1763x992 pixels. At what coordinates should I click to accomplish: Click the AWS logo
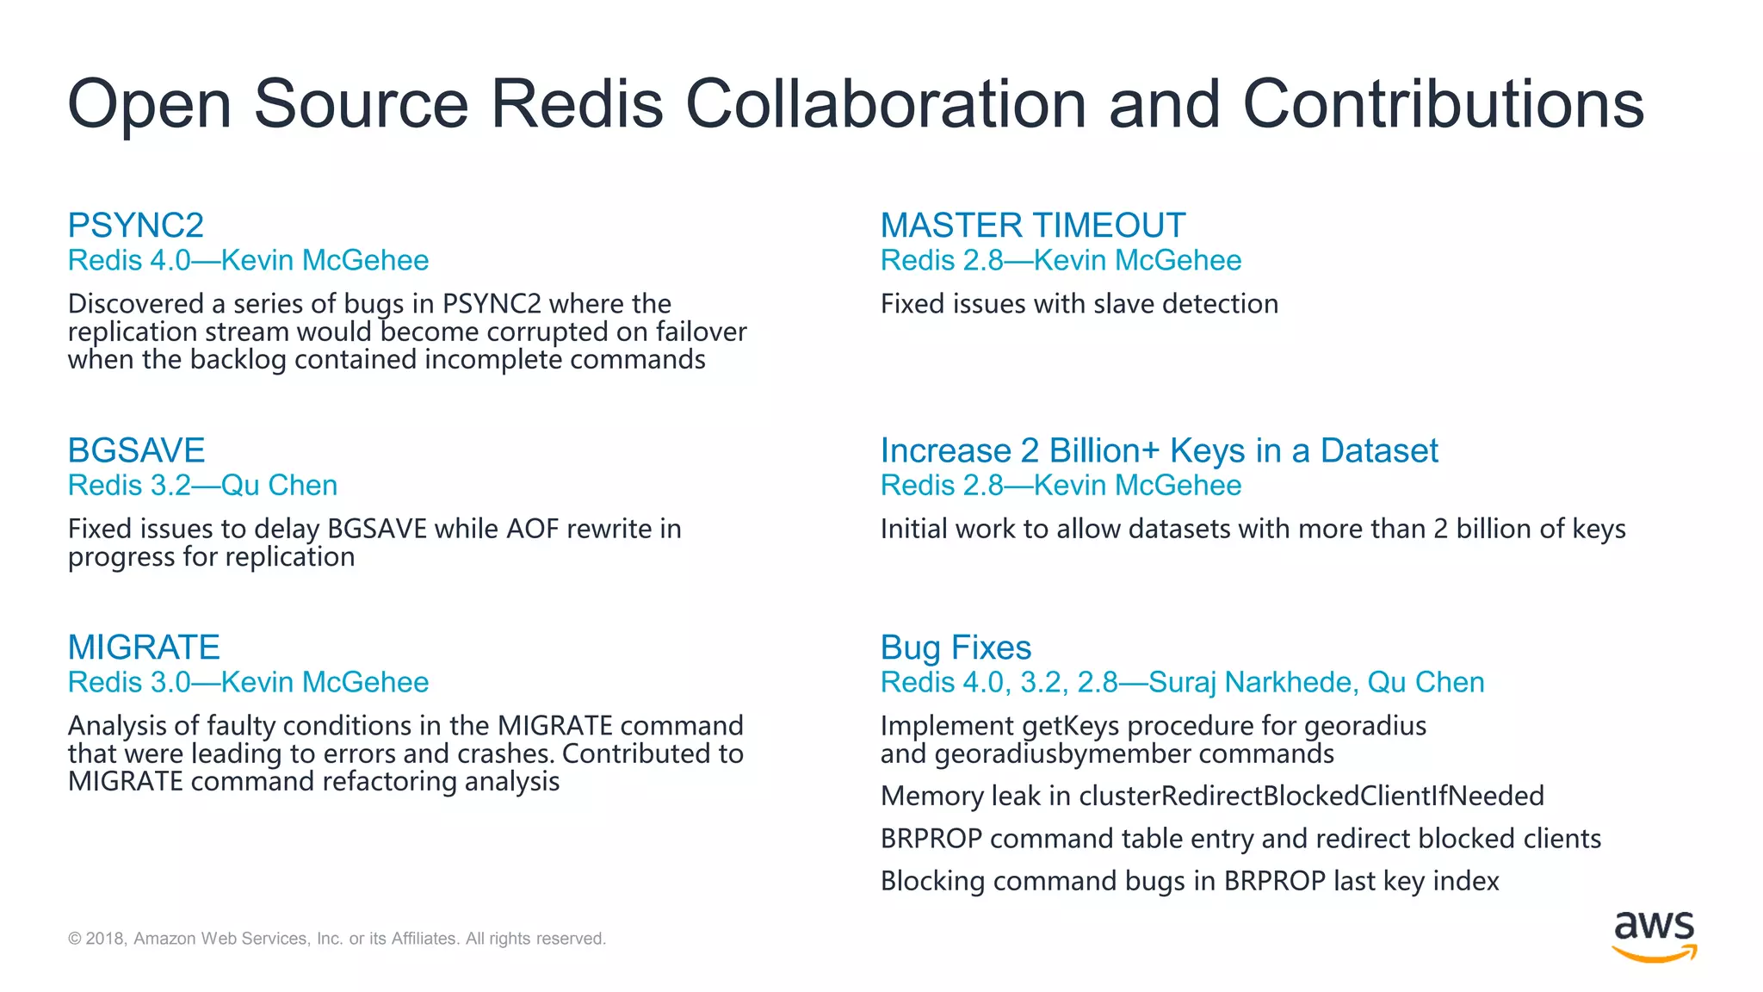click(x=1654, y=936)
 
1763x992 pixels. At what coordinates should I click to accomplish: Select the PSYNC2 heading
click(x=136, y=226)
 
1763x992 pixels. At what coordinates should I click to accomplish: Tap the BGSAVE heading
click(x=136, y=450)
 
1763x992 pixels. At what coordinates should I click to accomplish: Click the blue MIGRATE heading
click(x=144, y=647)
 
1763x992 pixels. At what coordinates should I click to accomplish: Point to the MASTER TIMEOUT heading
click(x=1032, y=226)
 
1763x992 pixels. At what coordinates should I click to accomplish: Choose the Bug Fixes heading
click(x=956, y=647)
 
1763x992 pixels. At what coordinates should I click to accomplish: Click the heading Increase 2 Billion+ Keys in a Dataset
click(x=1159, y=450)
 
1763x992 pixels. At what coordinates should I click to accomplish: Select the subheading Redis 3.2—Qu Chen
click(x=202, y=486)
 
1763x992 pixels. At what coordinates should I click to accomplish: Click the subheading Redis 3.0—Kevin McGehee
click(x=248, y=682)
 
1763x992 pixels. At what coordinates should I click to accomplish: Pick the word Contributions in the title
click(x=1443, y=104)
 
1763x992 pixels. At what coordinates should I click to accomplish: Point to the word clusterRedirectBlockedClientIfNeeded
click(x=1311, y=796)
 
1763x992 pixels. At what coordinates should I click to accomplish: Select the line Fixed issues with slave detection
click(x=1079, y=304)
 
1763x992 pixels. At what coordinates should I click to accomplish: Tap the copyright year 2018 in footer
click(x=105, y=939)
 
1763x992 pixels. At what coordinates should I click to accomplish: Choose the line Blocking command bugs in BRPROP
click(x=1189, y=882)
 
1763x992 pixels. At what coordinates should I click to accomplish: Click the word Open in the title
click(x=150, y=104)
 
